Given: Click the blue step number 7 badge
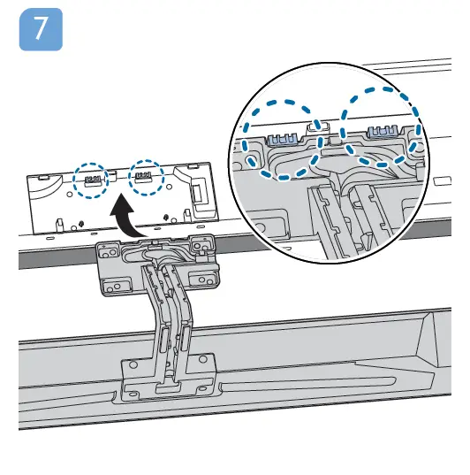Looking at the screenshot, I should pos(41,29).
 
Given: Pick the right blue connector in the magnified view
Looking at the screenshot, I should pos(380,133).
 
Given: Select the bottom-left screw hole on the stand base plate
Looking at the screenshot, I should pos(132,368).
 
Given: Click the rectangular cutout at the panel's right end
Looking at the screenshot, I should pos(197,190).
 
